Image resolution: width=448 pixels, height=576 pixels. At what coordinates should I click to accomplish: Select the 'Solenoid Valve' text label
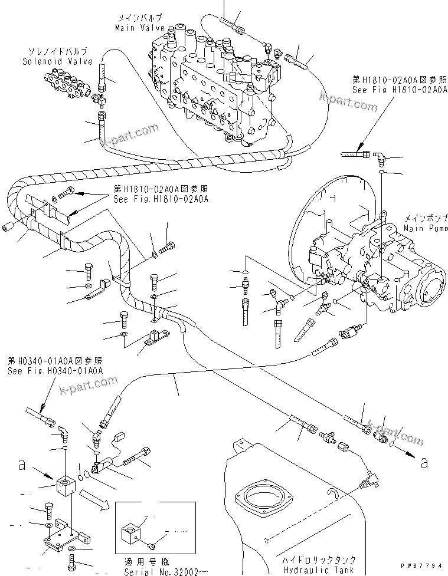51,61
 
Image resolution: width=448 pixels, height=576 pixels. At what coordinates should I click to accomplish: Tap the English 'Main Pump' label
422,228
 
